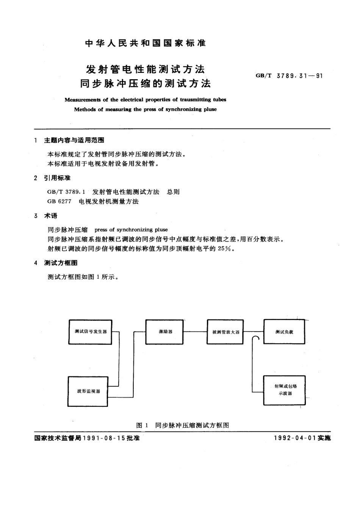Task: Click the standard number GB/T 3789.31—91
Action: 289,76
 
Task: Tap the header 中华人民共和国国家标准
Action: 145,43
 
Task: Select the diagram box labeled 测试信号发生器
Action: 90,332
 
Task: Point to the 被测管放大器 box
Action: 225,332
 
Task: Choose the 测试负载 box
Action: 284,332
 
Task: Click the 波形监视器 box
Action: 88,391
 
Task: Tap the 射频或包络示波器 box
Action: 284,390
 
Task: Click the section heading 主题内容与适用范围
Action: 74,140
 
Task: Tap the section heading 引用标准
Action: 57,178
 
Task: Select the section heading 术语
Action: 51,216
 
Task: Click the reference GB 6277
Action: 59,201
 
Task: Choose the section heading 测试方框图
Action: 61,263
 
